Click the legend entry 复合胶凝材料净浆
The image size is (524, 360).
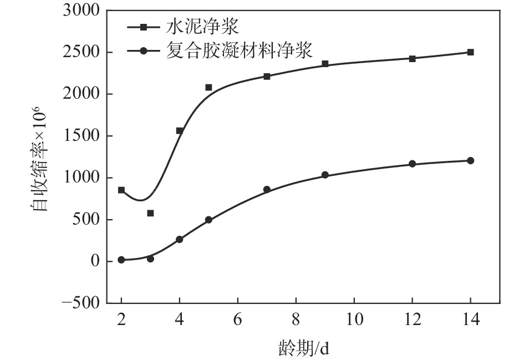(239, 51)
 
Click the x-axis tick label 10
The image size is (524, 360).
(354, 321)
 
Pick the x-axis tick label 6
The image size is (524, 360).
(238, 321)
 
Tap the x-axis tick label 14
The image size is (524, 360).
(470, 321)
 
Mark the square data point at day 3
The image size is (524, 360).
(150, 213)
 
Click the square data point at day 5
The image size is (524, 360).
(208, 87)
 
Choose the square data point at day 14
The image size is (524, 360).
(470, 52)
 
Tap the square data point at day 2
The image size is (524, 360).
(121, 190)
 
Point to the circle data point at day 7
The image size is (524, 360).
(267, 189)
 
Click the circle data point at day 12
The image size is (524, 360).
(412, 164)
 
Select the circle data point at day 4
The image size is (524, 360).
(180, 239)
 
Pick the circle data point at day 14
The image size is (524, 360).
(470, 160)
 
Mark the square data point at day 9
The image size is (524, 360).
(325, 64)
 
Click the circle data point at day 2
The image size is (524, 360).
(121, 260)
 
